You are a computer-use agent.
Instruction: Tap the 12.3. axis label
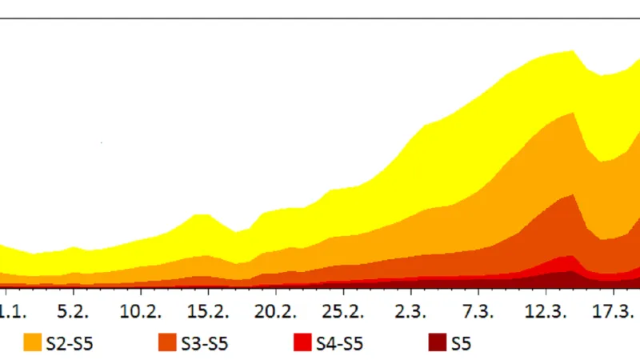[546, 310]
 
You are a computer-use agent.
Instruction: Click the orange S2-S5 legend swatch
[33, 343]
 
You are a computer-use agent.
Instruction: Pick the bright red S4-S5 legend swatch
[304, 343]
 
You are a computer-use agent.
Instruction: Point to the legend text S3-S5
[206, 344]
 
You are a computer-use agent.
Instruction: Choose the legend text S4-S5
[342, 344]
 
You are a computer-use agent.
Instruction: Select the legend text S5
[462, 344]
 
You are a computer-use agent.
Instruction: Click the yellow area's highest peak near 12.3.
[572, 53]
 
